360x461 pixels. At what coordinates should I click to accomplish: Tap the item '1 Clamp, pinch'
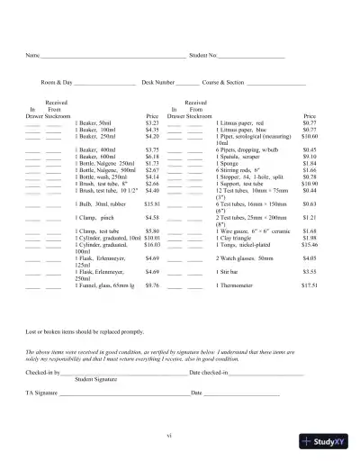pyautogui.click(x=95, y=218)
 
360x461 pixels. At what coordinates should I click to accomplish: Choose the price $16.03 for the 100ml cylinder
pyautogui.click(x=151, y=244)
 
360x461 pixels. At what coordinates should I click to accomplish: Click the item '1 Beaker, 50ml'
pyautogui.click(x=95, y=122)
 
